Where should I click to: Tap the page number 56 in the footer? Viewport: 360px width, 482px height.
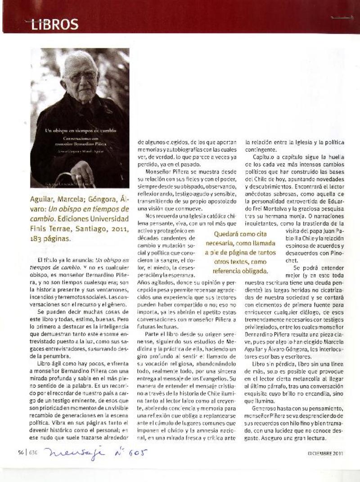click(x=21, y=453)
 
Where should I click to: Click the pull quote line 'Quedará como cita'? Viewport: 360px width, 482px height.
click(x=240, y=234)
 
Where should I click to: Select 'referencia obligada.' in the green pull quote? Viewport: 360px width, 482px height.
click(x=240, y=271)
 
